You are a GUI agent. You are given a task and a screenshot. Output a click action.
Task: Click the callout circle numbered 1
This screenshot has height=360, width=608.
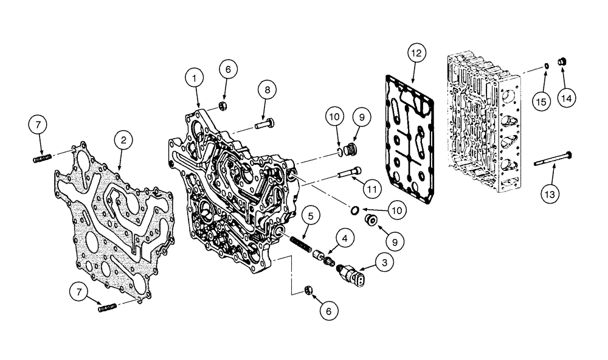click(x=194, y=78)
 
